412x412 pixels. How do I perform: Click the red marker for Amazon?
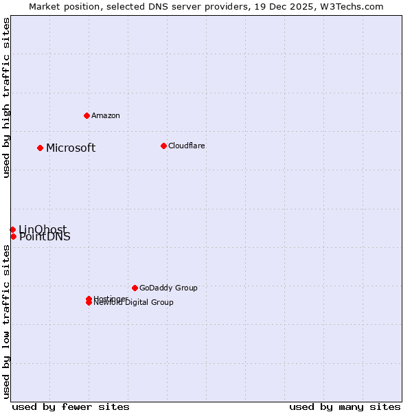(87, 115)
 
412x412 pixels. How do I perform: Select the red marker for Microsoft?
(41, 148)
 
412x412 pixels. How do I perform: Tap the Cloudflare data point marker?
(163, 146)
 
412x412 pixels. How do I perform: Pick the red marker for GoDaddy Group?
(135, 288)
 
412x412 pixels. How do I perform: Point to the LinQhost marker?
(12, 229)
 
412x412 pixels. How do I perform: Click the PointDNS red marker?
(13, 236)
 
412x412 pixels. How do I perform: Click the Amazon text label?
(106, 115)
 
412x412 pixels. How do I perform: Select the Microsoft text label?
(71, 148)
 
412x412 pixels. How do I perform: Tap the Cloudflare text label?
(187, 146)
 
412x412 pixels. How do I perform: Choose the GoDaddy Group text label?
(168, 288)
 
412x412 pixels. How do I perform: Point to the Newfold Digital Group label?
(134, 303)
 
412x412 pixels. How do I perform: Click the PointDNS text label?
(45, 238)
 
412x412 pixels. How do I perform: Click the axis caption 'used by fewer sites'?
(71, 407)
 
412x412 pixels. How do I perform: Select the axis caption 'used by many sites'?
(345, 407)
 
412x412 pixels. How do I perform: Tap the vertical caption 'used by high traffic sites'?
(7, 98)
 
